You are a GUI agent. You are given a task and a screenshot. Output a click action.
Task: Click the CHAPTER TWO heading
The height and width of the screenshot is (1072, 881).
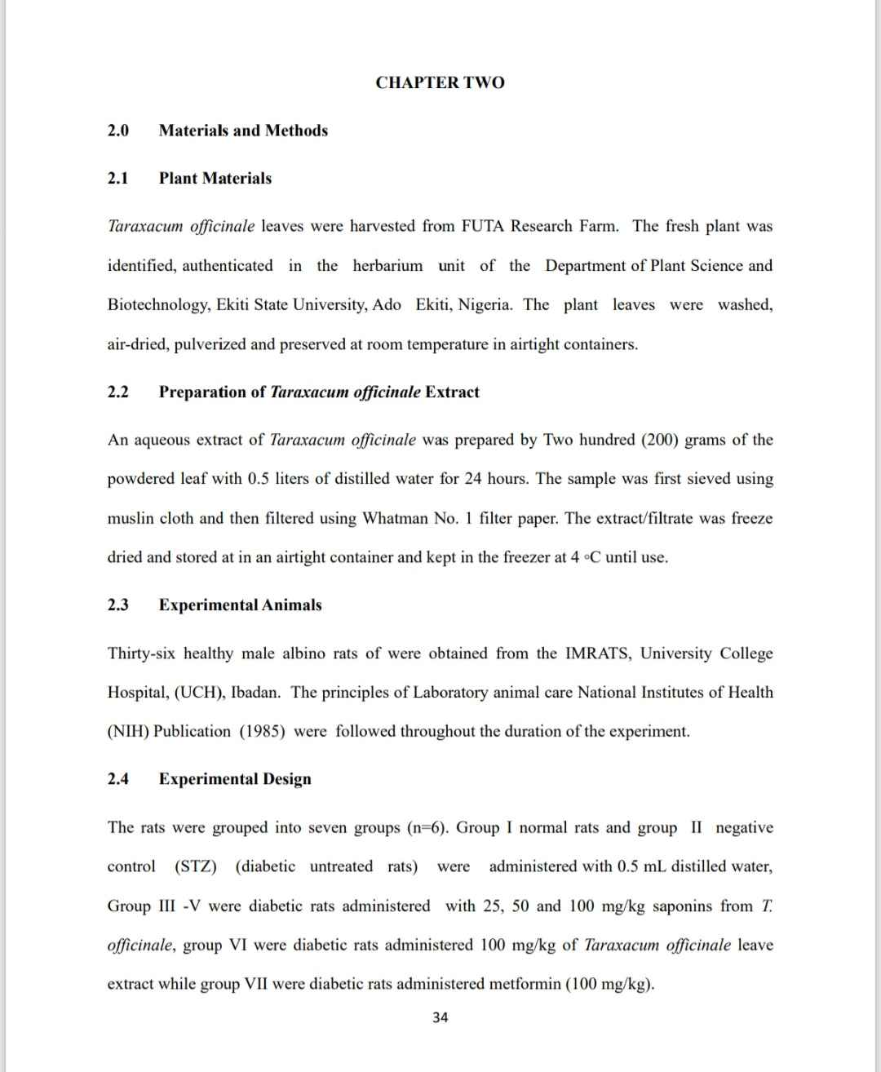point(440,82)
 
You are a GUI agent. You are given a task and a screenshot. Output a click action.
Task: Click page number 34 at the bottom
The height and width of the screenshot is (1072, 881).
point(440,1017)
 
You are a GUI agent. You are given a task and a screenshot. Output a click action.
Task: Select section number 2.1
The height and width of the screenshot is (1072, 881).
point(118,179)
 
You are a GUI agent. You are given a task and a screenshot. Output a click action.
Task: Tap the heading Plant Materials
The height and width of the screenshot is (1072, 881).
point(215,179)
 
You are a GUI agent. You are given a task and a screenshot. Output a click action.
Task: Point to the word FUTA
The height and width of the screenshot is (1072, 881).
point(484,226)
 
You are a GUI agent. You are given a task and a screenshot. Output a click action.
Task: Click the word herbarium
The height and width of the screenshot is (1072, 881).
point(387,265)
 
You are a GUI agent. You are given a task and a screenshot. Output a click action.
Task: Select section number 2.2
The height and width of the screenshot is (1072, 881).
point(118,392)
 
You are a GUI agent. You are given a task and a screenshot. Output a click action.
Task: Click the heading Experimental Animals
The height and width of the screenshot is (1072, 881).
point(241,605)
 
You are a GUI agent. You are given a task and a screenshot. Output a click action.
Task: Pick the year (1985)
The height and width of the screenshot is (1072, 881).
point(262,731)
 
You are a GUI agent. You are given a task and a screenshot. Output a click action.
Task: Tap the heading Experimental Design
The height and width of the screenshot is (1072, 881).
point(235,779)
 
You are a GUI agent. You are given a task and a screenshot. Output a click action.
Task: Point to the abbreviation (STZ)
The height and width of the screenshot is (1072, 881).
point(196,866)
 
